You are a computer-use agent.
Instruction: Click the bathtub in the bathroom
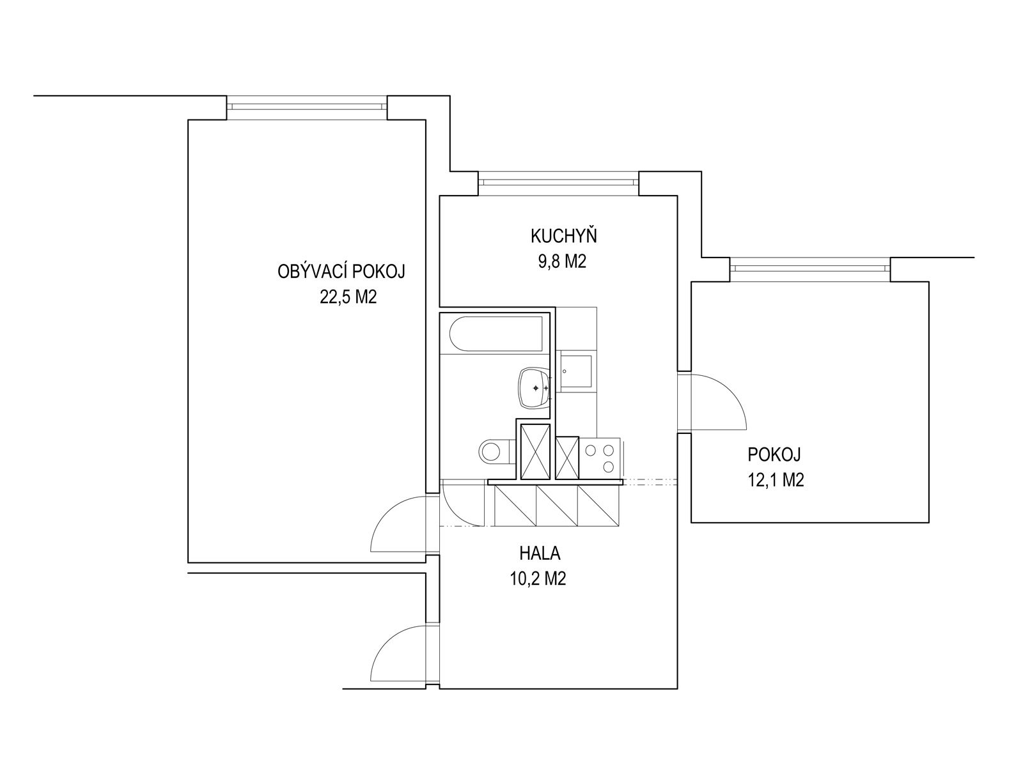coord(496,334)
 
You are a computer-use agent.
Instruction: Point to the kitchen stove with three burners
coord(600,458)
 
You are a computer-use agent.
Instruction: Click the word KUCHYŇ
coord(563,237)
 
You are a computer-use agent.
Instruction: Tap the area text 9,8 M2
coord(563,262)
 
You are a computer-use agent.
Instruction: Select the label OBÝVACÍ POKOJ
coord(342,272)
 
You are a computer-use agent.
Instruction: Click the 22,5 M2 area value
coord(345,297)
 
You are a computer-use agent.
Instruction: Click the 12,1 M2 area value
coord(775,481)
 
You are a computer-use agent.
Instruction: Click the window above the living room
coord(307,107)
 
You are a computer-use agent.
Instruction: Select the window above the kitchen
coord(559,183)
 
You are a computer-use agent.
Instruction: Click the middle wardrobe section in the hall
coord(557,506)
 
